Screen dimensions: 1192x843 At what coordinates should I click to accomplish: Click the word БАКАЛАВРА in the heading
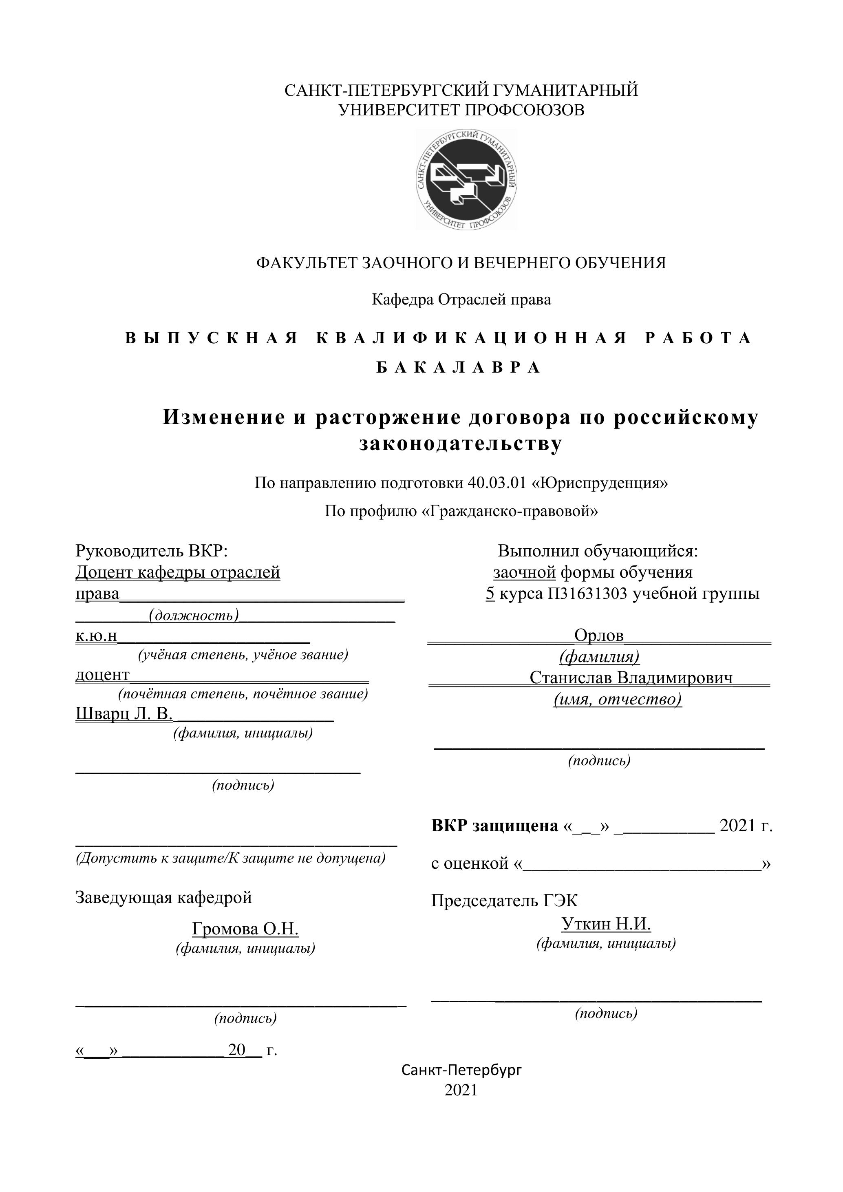458,368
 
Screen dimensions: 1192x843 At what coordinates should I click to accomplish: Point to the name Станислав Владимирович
631,678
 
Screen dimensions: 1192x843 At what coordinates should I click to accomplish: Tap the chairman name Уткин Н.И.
606,924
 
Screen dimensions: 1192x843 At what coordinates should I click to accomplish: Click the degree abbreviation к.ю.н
97,636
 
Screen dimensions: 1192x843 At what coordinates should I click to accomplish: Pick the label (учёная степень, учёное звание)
243,655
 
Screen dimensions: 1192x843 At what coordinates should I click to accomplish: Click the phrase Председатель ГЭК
504,900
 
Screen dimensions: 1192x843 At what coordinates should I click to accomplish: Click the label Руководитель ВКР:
152,550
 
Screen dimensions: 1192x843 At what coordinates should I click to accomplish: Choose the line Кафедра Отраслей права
461,300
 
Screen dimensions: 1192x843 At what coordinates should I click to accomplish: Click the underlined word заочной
524,573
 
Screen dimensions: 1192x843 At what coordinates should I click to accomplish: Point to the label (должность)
194,615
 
